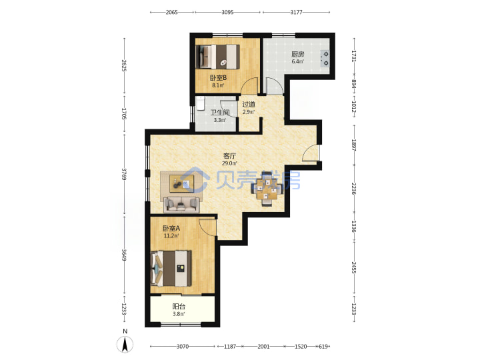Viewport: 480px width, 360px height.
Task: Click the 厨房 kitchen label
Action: (297, 55)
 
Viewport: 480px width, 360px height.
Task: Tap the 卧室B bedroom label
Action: (218, 78)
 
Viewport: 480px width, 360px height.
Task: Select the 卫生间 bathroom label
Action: (219, 113)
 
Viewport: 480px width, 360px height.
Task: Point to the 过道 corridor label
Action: (249, 105)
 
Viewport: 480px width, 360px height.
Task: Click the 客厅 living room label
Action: (229, 156)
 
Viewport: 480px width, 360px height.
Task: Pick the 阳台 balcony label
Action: (179, 307)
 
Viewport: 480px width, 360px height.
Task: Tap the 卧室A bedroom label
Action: (171, 229)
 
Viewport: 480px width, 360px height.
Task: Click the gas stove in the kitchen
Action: (325, 59)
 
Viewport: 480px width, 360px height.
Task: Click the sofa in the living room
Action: (181, 205)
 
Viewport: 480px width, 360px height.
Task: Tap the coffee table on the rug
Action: (182, 184)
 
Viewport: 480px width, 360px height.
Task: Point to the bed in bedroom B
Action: (217, 57)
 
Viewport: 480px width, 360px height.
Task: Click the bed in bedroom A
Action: (171, 269)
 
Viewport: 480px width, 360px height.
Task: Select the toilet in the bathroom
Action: (201, 103)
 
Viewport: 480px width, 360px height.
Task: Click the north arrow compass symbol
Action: (125, 344)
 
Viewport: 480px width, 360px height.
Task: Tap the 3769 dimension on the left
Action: (124, 174)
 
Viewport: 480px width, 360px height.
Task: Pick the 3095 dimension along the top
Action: (227, 12)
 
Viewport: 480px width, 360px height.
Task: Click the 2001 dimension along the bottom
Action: (263, 347)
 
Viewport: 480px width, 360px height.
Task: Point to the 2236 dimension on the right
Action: (354, 189)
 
